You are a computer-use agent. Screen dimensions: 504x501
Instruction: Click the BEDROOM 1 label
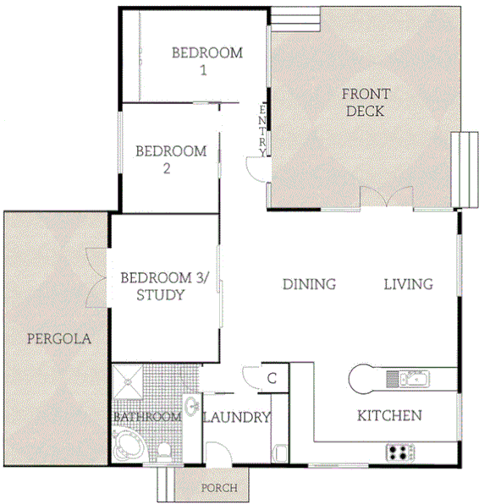[x=206, y=61]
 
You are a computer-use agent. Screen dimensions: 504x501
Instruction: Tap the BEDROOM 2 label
[x=171, y=160]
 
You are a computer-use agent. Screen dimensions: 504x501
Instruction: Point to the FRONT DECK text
[x=366, y=101]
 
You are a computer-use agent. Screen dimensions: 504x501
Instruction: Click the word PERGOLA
[x=58, y=338]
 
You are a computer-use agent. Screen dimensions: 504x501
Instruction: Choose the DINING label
[x=309, y=284]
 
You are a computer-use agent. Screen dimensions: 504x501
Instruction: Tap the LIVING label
[x=408, y=284]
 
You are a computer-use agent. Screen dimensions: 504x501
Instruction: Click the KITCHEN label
[x=388, y=415]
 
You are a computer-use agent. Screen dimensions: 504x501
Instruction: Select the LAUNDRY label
[x=237, y=417]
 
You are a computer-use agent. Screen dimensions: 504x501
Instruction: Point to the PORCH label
[x=218, y=488]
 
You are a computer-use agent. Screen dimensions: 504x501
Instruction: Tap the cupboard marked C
[x=273, y=378]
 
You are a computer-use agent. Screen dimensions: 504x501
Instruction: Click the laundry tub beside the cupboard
[x=279, y=450]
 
